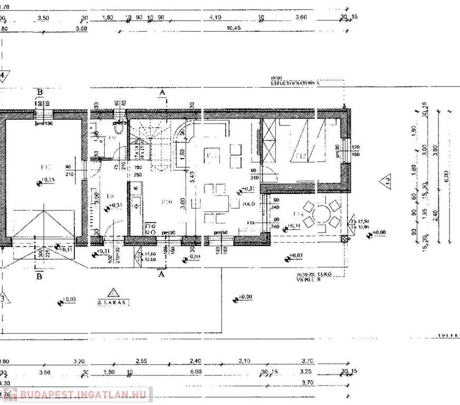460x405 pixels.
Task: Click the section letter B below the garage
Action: [x=39, y=275]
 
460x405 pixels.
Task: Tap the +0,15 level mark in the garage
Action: [x=46, y=181]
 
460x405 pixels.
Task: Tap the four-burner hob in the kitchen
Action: [x=150, y=228]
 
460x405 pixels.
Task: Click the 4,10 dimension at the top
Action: [x=215, y=17]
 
